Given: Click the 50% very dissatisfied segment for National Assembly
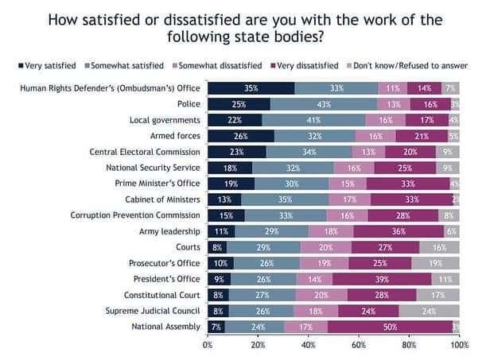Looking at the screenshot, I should coord(389,326).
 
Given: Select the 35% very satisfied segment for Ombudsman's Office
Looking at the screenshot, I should coord(251,89).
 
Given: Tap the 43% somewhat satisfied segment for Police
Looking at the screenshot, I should coord(324,105).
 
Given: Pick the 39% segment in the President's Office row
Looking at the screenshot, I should coord(381,279).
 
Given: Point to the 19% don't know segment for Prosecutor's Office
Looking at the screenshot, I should coord(436,263).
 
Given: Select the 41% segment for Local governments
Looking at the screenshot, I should coord(314,121).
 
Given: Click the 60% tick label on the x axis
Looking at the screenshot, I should coord(359,346).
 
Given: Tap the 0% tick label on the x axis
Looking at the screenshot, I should coord(208,346).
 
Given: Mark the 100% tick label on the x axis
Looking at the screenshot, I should coord(458,346).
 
